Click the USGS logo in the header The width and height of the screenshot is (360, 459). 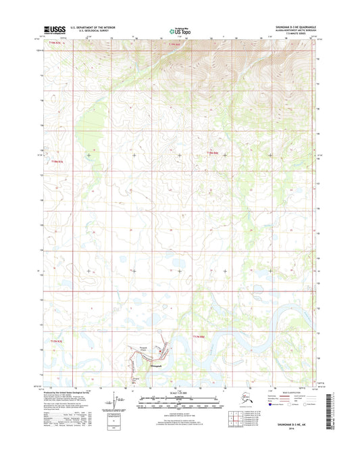(55, 29)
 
